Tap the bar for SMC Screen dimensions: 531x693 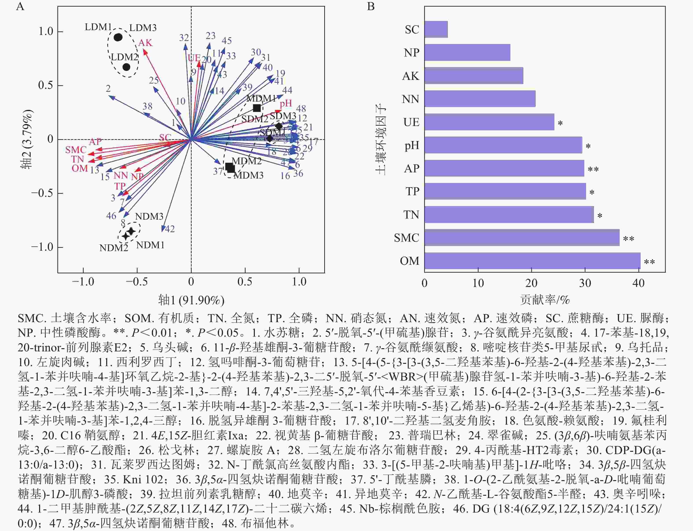522,238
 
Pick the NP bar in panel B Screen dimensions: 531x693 467,53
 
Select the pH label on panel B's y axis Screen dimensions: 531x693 412,145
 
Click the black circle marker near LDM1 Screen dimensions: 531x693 118,37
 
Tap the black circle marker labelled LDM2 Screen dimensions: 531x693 126,67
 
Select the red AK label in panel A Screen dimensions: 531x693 145,43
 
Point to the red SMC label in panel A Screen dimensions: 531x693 76,150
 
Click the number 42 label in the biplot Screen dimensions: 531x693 170,229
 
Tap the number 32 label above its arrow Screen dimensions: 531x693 184,38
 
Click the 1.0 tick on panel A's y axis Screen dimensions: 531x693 46,32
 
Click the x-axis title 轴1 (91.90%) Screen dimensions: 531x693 191,300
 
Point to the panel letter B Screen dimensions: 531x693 371,6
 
